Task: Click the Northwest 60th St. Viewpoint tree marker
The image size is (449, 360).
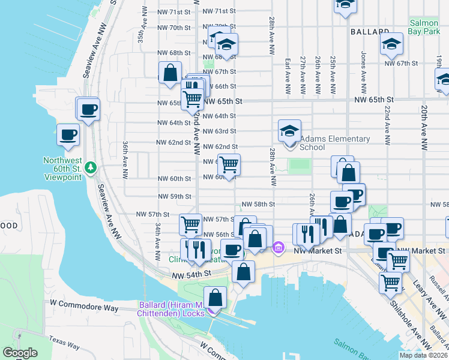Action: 91,166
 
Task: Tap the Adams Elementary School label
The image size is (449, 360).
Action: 334,143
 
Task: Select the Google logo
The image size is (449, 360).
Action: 20,353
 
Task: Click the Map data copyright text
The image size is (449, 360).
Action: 423,355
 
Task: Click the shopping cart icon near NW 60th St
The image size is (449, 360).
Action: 229,164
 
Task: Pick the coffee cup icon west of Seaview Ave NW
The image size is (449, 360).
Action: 67,134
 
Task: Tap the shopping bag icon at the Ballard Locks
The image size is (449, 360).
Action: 215,298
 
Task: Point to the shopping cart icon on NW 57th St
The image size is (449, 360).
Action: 190,224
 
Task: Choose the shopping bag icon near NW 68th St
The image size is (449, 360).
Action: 170,73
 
